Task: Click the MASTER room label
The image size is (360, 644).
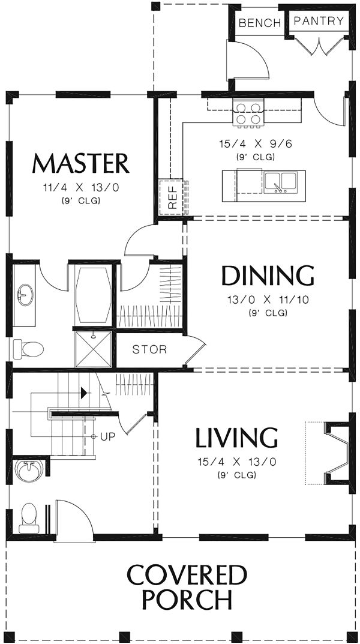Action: (x=81, y=163)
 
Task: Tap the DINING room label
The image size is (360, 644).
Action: (x=268, y=276)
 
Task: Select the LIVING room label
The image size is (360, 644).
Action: (x=236, y=438)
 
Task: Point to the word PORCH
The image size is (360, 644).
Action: (x=187, y=600)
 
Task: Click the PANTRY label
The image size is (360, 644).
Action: (x=319, y=21)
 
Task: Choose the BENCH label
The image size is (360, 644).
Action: (x=260, y=23)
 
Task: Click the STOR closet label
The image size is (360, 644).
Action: (x=149, y=349)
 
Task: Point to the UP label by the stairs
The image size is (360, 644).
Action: (x=107, y=436)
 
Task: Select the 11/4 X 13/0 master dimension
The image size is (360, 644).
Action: (x=81, y=188)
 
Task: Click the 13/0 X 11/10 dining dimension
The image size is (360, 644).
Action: (x=268, y=300)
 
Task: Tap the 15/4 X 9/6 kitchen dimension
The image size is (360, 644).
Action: (x=256, y=144)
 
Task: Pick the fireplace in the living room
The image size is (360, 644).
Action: (x=337, y=453)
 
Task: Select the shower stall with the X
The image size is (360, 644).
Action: (x=94, y=349)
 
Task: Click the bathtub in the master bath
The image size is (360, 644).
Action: (x=94, y=295)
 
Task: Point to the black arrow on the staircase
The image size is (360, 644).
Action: (x=84, y=393)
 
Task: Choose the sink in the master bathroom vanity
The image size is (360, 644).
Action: (x=25, y=295)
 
